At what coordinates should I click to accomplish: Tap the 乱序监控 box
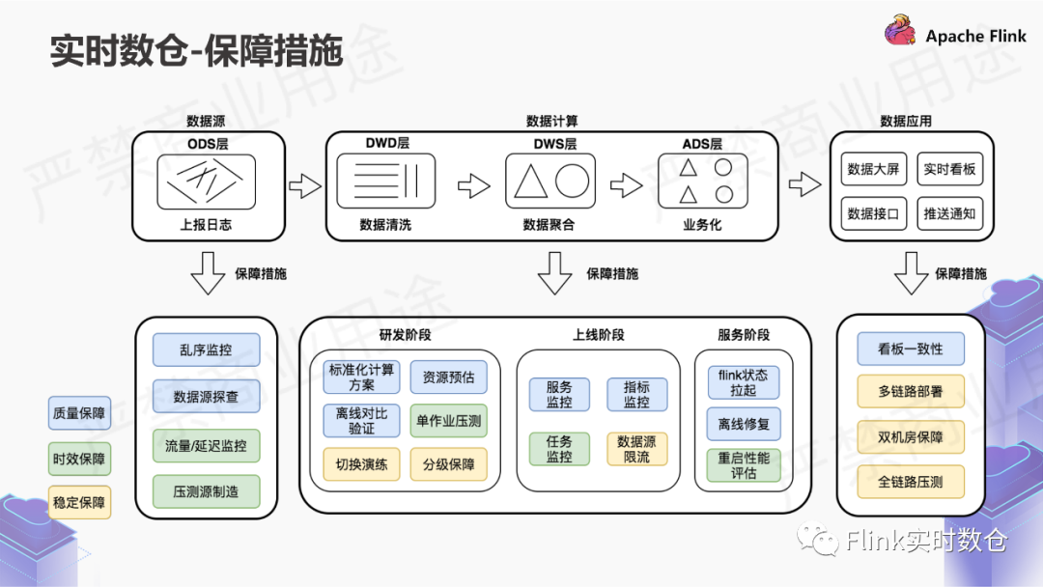click(x=206, y=349)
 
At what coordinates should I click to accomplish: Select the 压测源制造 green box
click(x=206, y=491)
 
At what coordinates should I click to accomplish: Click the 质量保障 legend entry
click(x=79, y=415)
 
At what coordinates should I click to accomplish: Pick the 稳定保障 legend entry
click(x=79, y=502)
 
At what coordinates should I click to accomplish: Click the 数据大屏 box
click(x=873, y=169)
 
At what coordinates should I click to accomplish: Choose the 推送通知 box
click(x=949, y=213)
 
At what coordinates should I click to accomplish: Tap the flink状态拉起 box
click(x=744, y=382)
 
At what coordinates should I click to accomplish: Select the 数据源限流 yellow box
click(x=636, y=449)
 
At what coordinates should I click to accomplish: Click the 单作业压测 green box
click(x=448, y=421)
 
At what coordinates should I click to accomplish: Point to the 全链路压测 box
click(x=910, y=482)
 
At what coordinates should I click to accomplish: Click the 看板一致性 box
click(x=910, y=349)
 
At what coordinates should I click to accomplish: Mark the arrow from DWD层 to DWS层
click(x=473, y=185)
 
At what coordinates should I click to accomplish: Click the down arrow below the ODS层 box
click(x=208, y=272)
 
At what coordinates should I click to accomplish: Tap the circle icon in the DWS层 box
click(x=572, y=181)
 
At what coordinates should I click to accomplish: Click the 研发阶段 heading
click(x=405, y=335)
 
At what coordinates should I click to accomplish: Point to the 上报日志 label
click(x=206, y=224)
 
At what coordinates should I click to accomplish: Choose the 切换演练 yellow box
click(x=361, y=464)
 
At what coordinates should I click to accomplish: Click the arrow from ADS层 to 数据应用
click(x=804, y=184)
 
